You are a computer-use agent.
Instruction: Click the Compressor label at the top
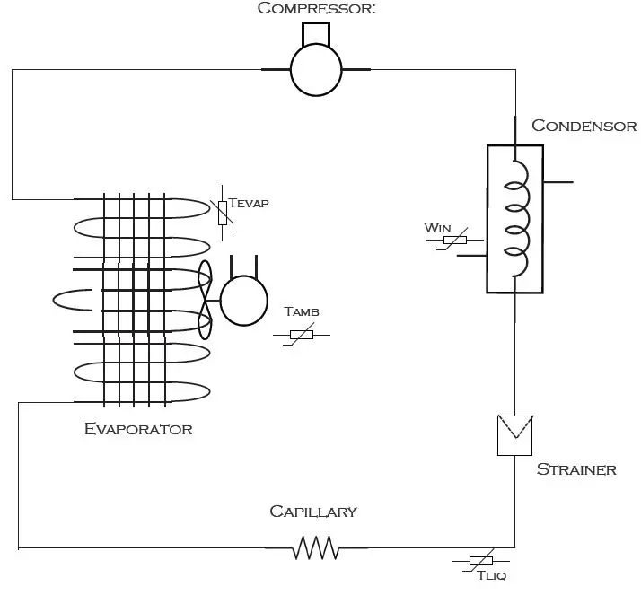pyautogui.click(x=315, y=9)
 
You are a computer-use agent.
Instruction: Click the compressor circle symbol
pyautogui.click(x=316, y=69)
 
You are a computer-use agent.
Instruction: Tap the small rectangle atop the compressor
pyautogui.click(x=315, y=34)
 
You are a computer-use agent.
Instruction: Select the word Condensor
pyautogui.click(x=584, y=126)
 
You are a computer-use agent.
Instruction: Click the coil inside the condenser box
pyautogui.click(x=514, y=219)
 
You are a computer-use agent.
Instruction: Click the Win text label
pyautogui.click(x=437, y=228)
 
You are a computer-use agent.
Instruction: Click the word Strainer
pyautogui.click(x=576, y=469)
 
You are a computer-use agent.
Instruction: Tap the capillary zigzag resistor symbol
pyautogui.click(x=315, y=547)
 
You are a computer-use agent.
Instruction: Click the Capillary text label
pyautogui.click(x=313, y=512)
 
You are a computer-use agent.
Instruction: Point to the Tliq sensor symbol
pyautogui.click(x=480, y=561)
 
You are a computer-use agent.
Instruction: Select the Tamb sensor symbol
pyautogui.click(x=301, y=335)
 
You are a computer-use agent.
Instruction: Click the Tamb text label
pyautogui.click(x=302, y=312)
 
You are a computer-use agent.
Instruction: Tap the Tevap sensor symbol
pyautogui.click(x=223, y=212)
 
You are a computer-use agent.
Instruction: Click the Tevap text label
pyautogui.click(x=249, y=203)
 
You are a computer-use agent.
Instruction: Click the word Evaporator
pyautogui.click(x=138, y=429)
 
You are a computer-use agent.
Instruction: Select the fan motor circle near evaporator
pyautogui.click(x=244, y=301)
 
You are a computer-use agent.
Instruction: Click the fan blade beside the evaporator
pyautogui.click(x=205, y=300)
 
